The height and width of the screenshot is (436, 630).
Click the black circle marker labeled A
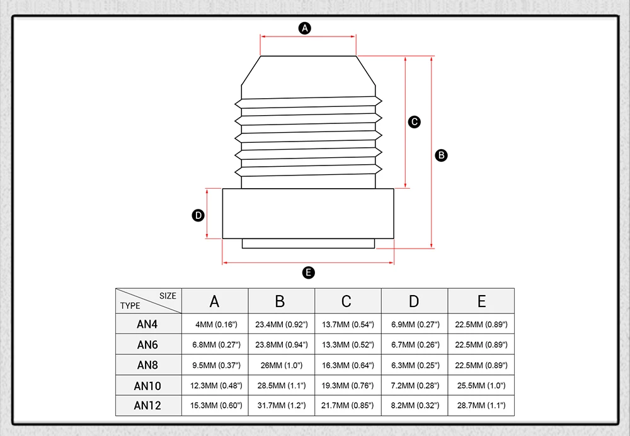coord(306,28)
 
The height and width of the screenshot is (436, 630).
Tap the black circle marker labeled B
coord(441,155)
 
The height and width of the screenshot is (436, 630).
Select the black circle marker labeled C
coord(415,122)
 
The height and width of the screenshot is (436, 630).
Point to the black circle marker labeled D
coord(198,215)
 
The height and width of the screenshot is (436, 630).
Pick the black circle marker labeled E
coord(308,272)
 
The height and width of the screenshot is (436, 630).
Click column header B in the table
coord(280,301)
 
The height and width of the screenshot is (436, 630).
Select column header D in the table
coord(414,301)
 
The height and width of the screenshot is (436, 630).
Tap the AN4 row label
coord(149,325)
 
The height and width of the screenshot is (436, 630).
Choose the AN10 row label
coord(149,385)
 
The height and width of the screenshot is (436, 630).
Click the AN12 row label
coord(149,405)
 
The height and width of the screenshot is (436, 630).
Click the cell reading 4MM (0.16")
coord(215,325)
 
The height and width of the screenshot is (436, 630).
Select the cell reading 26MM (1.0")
coord(281,365)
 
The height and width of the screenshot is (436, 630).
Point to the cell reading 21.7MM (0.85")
coord(348,405)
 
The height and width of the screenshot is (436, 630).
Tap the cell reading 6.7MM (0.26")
coord(415,345)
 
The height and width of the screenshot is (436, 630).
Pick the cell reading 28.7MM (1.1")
coord(481,405)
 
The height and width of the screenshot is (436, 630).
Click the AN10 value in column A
coord(215,385)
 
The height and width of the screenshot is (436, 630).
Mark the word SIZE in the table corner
coord(168,296)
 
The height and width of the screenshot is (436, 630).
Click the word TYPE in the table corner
coord(130,306)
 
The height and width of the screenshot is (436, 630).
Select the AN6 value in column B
coord(281,345)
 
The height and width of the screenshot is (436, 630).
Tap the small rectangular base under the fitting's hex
coord(309,243)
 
